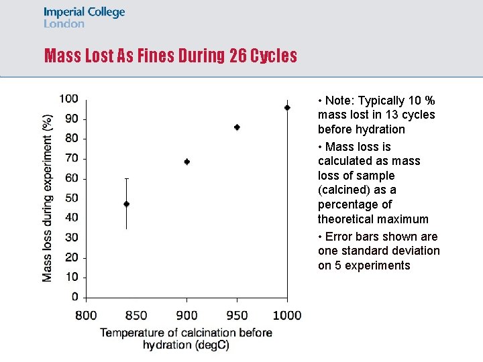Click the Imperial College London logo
[84, 18]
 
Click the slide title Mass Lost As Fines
[170, 56]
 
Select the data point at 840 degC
[126, 204]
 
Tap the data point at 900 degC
[186, 162]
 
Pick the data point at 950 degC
[237, 127]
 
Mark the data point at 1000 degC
[287, 107]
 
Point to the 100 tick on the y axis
[68, 99]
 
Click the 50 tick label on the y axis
[70, 198]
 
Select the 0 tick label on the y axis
[74, 297]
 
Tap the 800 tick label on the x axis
[86, 315]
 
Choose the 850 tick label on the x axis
[136, 315]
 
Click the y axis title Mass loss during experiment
[47, 198]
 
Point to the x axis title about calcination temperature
[186, 339]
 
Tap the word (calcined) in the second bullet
[341, 190]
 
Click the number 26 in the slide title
[237, 56]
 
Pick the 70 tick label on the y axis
[70, 158]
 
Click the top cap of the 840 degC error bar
[126, 179]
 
